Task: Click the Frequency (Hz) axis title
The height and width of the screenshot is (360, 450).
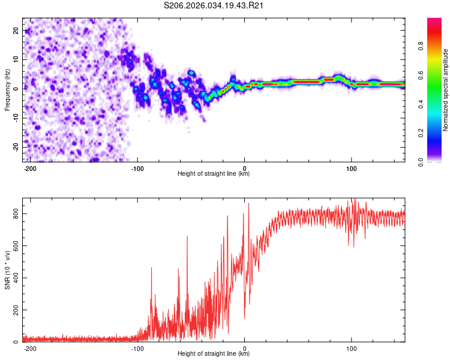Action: click(7, 89)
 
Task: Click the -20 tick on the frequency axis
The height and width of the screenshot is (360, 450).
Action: click(16, 147)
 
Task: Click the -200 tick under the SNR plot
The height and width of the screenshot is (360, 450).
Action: click(31, 347)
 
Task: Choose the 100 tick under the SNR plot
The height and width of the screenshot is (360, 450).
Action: click(351, 347)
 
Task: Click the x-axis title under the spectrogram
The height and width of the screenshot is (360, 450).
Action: click(214, 174)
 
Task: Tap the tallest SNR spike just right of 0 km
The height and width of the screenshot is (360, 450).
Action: click(248, 204)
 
